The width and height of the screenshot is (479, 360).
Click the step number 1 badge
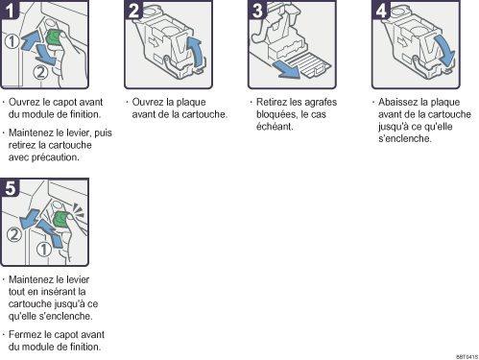click(x=10, y=10)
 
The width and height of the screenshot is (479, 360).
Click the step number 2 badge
click(x=133, y=10)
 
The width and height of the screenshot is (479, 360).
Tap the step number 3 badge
click(x=257, y=10)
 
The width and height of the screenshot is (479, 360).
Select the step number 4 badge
click(x=381, y=10)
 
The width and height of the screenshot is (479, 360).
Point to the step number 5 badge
click(x=10, y=187)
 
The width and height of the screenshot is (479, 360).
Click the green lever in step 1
click(x=54, y=37)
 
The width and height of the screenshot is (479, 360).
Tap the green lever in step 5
click(x=60, y=219)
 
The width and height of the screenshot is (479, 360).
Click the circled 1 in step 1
click(x=12, y=41)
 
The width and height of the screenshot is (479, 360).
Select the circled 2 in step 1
click(x=40, y=72)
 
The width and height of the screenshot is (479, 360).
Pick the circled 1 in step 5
click(x=44, y=250)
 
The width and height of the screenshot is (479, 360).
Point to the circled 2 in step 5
click(x=14, y=235)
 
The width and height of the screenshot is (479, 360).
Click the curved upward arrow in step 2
click(x=196, y=51)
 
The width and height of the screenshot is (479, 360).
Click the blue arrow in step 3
click(x=286, y=69)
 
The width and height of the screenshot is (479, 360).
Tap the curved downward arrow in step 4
click(x=445, y=49)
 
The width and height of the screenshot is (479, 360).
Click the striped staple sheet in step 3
click(x=310, y=65)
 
